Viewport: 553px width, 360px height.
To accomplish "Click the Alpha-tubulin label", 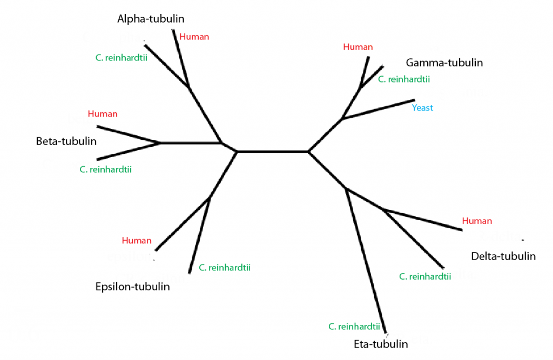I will coord(151,19).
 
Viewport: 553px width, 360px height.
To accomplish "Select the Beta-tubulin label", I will coord(66,141).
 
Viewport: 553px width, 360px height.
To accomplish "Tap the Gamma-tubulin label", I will coord(444,63).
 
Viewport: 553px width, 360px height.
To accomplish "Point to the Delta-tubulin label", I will coord(503,256).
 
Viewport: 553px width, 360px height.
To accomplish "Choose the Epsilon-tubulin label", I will coord(132,287).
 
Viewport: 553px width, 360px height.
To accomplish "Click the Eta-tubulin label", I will coord(380,344).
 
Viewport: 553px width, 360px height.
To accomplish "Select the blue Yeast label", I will coord(422,108).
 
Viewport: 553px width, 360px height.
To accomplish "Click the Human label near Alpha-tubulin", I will coord(194,37).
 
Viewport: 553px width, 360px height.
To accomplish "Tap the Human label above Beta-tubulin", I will coord(102,114).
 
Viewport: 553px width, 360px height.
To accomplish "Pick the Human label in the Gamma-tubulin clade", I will coord(358,47).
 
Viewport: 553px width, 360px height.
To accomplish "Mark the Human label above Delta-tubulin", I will coord(477,221).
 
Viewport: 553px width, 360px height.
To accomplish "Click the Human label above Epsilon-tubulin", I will coord(137,241).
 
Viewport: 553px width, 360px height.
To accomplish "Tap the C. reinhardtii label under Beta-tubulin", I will coord(105,169).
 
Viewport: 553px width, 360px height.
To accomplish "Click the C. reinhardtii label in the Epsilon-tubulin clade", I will coord(224,267).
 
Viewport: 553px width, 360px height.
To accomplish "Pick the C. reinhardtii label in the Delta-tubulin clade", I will coord(425,277).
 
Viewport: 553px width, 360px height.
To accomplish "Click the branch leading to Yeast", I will coord(378,109).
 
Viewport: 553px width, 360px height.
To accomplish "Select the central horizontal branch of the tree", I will coord(273,152).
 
